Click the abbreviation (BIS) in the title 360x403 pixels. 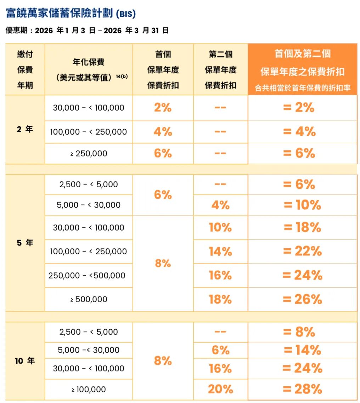point(126,14)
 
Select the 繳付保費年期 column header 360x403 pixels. point(25,70)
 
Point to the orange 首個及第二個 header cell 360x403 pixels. point(302,54)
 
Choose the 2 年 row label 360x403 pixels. point(25,129)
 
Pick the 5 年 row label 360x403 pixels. point(25,243)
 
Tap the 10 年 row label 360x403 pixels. point(25,361)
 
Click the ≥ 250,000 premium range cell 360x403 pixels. point(89,154)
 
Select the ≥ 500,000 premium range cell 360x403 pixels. point(89,299)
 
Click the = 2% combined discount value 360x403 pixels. point(299,108)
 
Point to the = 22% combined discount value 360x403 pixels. point(302,252)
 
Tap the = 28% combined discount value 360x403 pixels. point(302,389)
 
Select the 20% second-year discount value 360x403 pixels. point(220,389)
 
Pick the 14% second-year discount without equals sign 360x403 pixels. point(220,252)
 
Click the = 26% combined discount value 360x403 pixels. point(302,299)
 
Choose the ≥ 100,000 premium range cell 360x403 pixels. point(89,390)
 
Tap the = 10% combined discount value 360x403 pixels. point(302,205)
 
